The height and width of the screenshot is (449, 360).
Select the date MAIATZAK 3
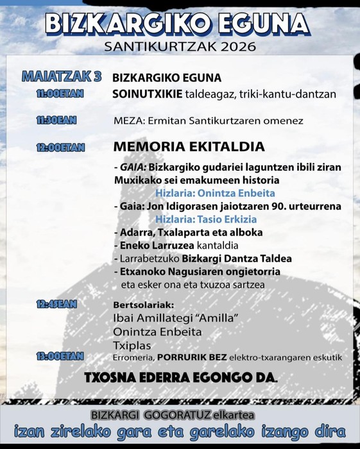[x=62, y=77]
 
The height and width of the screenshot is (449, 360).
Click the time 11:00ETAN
[x=60, y=94]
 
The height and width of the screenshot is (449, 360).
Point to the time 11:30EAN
[x=58, y=120]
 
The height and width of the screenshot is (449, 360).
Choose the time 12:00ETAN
[x=60, y=147]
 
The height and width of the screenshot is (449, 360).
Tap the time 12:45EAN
[x=58, y=304]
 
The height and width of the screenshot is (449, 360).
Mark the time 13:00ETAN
[x=60, y=357]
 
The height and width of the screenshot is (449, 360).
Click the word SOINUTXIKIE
[x=143, y=94]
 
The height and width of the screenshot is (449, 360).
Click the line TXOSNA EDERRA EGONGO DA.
[x=181, y=378]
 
